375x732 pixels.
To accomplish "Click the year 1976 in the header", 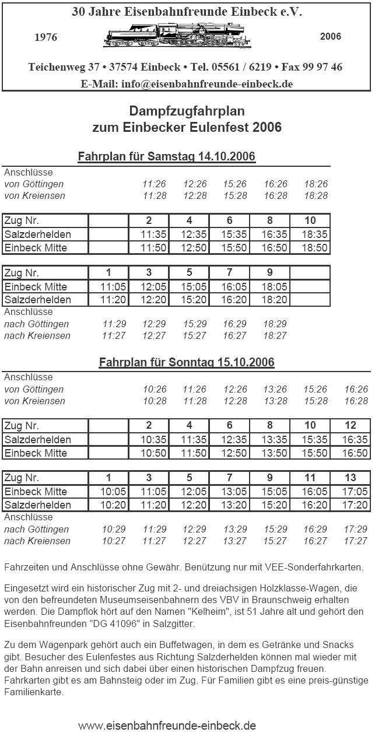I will (x=46, y=37).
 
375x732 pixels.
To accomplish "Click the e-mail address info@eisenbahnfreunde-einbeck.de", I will (x=207, y=83).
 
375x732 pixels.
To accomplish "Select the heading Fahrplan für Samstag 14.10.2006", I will (x=167, y=157).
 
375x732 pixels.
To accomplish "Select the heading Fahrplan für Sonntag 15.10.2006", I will (x=187, y=362).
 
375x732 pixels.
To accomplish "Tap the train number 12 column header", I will (x=350, y=426).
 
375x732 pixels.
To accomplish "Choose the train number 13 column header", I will (x=350, y=478).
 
